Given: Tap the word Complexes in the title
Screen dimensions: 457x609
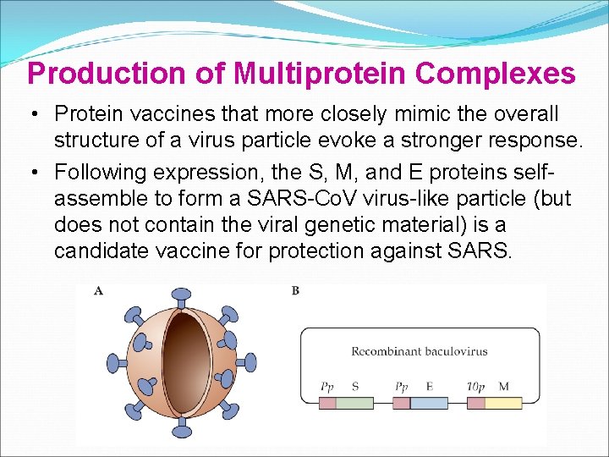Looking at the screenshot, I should (497, 74).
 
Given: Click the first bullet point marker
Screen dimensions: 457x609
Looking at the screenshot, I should (37, 113).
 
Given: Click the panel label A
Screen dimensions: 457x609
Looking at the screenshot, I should (99, 290).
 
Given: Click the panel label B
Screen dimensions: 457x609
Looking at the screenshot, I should (295, 290).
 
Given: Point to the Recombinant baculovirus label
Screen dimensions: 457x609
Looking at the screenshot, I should (420, 351).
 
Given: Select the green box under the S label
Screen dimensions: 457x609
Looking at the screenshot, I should (354, 403).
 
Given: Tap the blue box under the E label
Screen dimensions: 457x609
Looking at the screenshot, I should (429, 403).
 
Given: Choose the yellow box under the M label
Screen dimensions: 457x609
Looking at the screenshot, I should (503, 403).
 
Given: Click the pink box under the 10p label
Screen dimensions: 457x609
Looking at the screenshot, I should (475, 403).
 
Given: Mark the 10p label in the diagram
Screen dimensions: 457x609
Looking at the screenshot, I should (475, 387).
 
